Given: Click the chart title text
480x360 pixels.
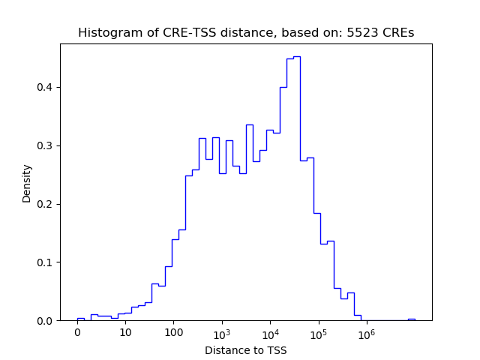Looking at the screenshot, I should tap(246, 33).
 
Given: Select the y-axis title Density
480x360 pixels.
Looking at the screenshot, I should tap(27, 182).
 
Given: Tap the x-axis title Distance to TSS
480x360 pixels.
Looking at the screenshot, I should tap(246, 350).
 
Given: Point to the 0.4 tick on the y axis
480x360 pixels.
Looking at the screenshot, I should tap(46, 87).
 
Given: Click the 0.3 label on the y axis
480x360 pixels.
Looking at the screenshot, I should tap(46, 145).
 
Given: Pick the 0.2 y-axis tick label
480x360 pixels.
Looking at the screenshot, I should tap(46, 204).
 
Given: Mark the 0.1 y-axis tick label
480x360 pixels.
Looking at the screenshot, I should tap(46, 262).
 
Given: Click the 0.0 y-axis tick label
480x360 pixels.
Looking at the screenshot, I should tap(46, 321).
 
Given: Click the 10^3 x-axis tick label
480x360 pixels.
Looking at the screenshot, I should tap(221, 333).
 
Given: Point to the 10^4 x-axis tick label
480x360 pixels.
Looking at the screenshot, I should tap(270, 333).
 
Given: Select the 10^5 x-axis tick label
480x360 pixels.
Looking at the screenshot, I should tap(318, 333).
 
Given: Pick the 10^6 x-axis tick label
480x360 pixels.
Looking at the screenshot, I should tap(366, 333).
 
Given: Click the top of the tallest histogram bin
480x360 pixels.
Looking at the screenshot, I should tap(297, 57).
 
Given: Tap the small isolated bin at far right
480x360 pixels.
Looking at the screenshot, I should tap(411, 319).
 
